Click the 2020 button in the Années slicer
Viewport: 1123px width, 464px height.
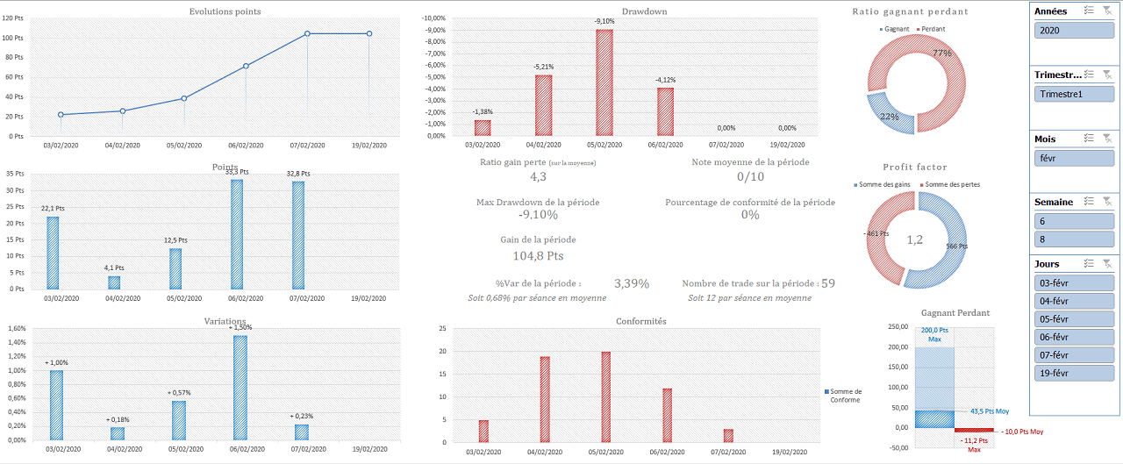pos(1074,30)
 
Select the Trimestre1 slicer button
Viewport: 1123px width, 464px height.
pos(1074,94)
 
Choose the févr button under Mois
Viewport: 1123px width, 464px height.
pos(1074,158)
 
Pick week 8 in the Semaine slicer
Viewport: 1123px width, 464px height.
pos(1074,239)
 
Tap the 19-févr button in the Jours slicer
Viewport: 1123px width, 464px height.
pos(1074,373)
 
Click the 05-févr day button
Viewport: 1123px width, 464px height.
pos(1074,318)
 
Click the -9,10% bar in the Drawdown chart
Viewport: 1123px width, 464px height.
pos(604,82)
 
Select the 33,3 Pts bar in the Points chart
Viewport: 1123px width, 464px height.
pos(237,234)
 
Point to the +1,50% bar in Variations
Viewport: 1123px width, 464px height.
pos(240,388)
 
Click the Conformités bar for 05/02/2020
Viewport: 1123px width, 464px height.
pos(605,396)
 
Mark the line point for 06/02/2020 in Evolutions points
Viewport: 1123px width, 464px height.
pos(246,66)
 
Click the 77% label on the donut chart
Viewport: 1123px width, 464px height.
pos(942,54)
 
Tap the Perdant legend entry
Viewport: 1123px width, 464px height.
pos(931,29)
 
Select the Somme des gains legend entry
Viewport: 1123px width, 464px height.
pos(882,184)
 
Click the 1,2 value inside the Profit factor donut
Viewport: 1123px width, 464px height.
pos(914,240)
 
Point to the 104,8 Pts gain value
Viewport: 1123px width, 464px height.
pos(538,256)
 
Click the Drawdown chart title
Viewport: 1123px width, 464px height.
pos(644,11)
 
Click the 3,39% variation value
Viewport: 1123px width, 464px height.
pos(632,283)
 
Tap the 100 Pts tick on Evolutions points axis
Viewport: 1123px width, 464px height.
pos(12,38)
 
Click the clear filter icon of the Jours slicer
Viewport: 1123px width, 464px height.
pos(1107,263)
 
